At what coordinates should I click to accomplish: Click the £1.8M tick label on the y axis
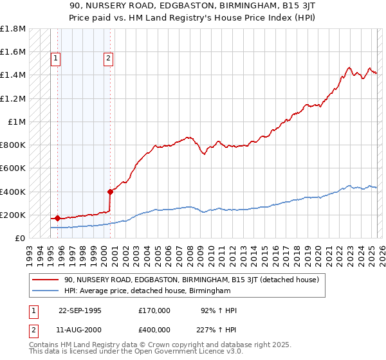(x=13, y=29)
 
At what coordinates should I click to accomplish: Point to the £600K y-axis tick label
(x=13, y=168)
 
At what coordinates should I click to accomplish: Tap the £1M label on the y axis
(x=17, y=122)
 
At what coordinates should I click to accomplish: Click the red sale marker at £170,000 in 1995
(x=58, y=218)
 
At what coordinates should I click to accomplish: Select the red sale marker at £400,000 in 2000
(x=110, y=191)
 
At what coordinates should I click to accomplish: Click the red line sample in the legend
(x=46, y=280)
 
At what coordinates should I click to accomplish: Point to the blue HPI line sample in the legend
(x=46, y=291)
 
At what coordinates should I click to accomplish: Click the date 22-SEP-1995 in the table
(x=80, y=310)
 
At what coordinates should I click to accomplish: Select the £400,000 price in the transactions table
(x=154, y=329)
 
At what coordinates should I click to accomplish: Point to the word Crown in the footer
(x=156, y=345)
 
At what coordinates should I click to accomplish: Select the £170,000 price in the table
(x=154, y=310)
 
